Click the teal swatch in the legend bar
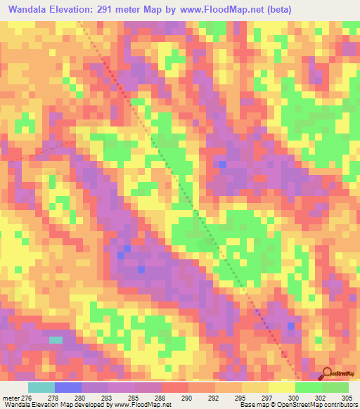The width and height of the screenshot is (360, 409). pyautogui.click(x=41, y=387)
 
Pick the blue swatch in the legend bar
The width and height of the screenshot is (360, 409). pyautogui.click(x=67, y=387)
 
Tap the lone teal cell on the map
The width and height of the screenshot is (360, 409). pyautogui.click(x=56, y=340)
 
